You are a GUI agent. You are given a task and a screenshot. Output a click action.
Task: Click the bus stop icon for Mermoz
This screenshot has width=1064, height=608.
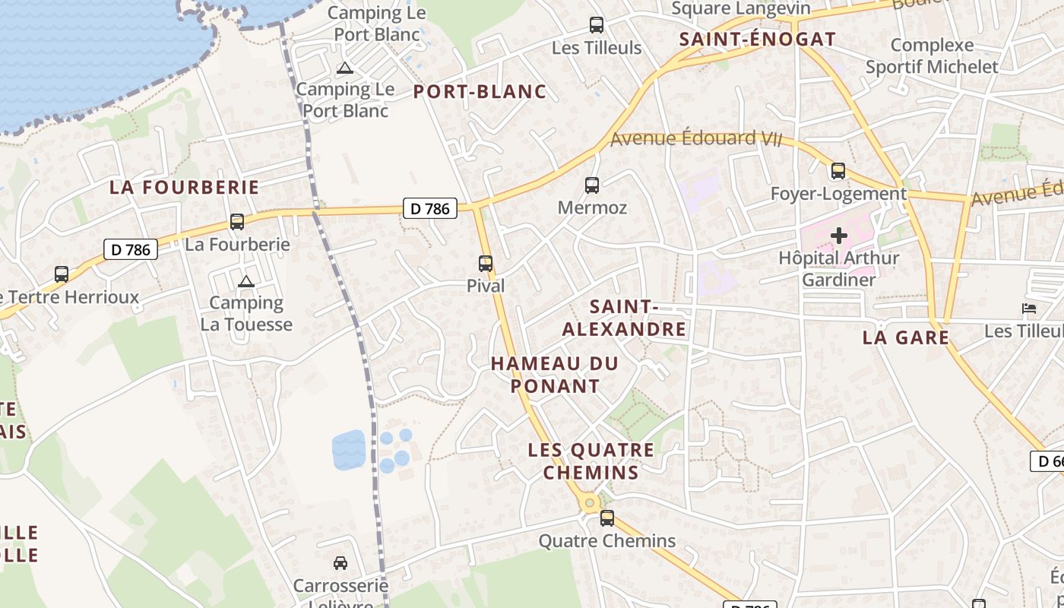pyautogui.click(x=591, y=185)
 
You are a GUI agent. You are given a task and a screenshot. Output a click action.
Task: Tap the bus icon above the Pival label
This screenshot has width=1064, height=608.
pyautogui.click(x=486, y=264)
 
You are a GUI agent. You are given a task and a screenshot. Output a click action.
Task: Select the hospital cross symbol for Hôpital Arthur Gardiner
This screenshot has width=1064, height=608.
pyautogui.click(x=839, y=236)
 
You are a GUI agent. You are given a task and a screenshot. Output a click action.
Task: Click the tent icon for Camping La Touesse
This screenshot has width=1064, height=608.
pyautogui.click(x=245, y=282)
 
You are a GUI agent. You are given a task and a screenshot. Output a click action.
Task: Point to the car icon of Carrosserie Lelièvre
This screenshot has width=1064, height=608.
pyautogui.click(x=340, y=563)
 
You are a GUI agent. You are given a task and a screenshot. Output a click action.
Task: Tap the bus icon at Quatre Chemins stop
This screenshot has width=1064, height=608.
pyautogui.click(x=606, y=518)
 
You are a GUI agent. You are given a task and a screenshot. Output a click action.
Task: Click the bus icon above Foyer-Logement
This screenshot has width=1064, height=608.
pyautogui.click(x=838, y=171)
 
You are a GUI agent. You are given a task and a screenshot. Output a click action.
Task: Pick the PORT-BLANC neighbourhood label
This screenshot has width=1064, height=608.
pyautogui.click(x=480, y=92)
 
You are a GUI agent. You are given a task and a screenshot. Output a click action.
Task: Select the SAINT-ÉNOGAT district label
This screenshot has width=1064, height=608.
pyautogui.click(x=757, y=40)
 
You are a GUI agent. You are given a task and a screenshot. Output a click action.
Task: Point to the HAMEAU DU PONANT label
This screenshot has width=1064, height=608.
pyautogui.click(x=555, y=375)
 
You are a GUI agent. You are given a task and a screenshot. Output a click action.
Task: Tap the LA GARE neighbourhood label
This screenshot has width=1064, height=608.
pyautogui.click(x=906, y=337)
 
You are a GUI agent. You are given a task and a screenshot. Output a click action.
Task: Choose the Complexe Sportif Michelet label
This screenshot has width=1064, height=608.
pyautogui.click(x=932, y=56)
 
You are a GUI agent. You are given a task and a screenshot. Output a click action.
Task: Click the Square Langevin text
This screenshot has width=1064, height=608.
pyautogui.click(x=741, y=9)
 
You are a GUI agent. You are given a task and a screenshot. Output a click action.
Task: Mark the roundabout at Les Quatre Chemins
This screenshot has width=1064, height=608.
pyautogui.click(x=589, y=503)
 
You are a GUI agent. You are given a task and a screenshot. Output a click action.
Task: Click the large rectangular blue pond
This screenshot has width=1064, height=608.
pyautogui.click(x=349, y=450)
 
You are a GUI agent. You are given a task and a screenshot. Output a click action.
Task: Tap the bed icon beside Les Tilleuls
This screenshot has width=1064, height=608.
pyautogui.click(x=1029, y=309)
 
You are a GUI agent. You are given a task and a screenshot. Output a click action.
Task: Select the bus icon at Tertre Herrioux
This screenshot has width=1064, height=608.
pyautogui.click(x=62, y=274)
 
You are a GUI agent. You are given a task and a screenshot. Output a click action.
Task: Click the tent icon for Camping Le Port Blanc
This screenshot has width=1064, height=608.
pyautogui.click(x=345, y=68)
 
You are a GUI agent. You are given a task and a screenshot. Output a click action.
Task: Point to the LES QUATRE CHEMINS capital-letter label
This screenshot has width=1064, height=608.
pyautogui.click(x=591, y=461)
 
